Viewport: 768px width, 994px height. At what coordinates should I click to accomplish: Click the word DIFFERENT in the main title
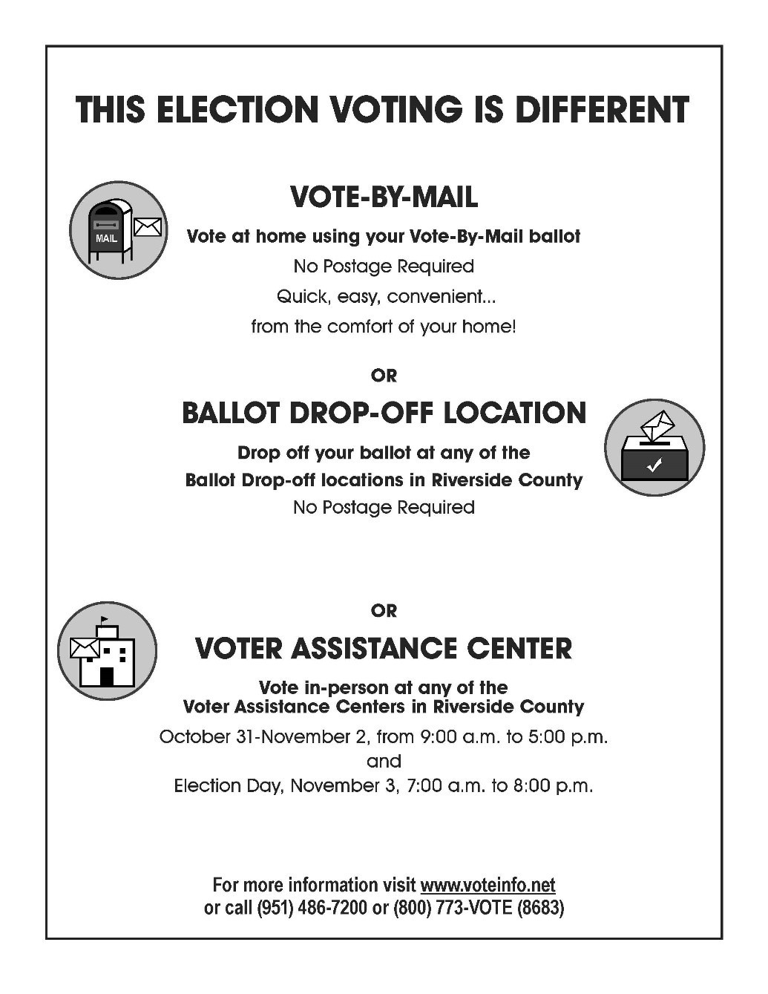click(x=602, y=110)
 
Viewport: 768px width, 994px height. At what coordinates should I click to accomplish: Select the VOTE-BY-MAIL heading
click(x=384, y=197)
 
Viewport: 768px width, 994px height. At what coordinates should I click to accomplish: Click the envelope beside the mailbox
click(x=148, y=227)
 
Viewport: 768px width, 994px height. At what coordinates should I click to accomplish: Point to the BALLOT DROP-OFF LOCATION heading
click(x=384, y=413)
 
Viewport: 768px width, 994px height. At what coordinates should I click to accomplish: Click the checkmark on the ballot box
click(x=654, y=466)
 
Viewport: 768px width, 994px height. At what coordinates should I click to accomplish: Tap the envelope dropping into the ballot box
click(x=657, y=426)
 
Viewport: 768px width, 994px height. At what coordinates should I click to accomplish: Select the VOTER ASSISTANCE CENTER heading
click(x=384, y=649)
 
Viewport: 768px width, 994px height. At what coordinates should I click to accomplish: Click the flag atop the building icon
click(x=104, y=619)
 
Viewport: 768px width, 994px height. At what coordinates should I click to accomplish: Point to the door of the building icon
click(x=107, y=676)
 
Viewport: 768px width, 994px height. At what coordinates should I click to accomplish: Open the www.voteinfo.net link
click(x=488, y=885)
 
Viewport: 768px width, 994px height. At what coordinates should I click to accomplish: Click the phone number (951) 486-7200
click(x=312, y=908)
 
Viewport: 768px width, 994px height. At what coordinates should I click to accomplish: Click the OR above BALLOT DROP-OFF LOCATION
click(x=384, y=376)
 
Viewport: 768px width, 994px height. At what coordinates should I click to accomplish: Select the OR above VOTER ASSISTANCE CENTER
click(x=384, y=611)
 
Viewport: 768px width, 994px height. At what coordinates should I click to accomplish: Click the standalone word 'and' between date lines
click(x=384, y=762)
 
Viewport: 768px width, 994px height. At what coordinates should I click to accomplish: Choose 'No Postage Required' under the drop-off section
click(x=384, y=508)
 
